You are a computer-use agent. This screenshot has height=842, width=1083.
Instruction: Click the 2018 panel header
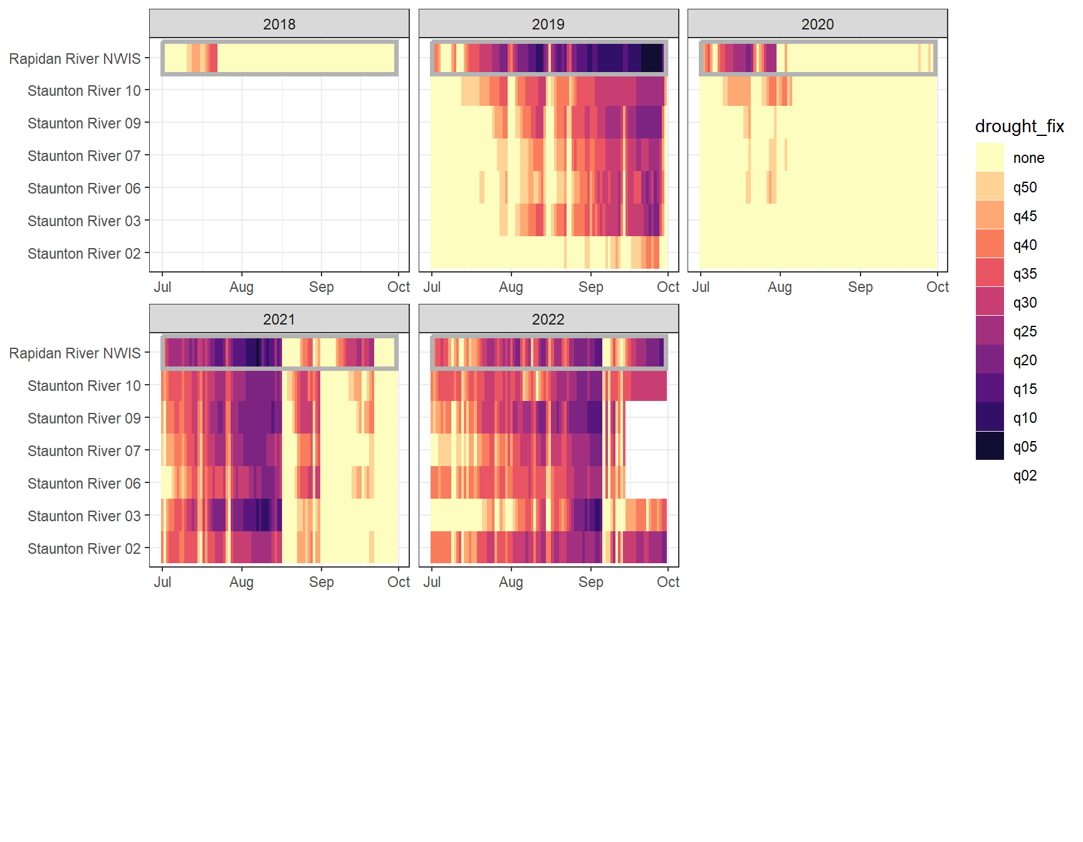(x=279, y=24)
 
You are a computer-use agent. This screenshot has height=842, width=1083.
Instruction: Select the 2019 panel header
(x=548, y=24)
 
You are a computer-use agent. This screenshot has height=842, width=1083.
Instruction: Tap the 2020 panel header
(x=817, y=24)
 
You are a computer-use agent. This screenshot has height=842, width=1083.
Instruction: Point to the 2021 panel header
(x=279, y=319)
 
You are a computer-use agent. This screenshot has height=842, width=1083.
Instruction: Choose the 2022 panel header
(x=548, y=319)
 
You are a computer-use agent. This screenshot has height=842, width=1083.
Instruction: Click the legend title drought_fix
(x=1019, y=127)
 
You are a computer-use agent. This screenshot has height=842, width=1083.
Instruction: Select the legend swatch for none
(x=990, y=157)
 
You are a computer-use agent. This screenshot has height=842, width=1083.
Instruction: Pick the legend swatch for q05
(x=990, y=446)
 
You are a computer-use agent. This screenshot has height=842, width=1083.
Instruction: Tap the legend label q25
(x=1025, y=331)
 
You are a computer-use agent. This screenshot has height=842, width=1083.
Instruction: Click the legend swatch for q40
(x=990, y=244)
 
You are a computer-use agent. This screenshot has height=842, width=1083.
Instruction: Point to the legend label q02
(x=1025, y=476)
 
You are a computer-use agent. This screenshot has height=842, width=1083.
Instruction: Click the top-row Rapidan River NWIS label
(x=75, y=59)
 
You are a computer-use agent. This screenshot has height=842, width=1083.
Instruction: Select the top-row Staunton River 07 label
(x=84, y=156)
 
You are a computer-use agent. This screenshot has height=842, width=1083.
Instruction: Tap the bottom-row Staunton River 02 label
(x=84, y=549)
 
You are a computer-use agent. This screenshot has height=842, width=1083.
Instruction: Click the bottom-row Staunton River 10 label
(x=84, y=386)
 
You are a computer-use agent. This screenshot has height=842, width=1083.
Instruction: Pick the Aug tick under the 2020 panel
(x=780, y=287)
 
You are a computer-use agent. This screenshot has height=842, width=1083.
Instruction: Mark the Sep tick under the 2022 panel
(x=590, y=582)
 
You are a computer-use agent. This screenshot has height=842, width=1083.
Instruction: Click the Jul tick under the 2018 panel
(x=162, y=287)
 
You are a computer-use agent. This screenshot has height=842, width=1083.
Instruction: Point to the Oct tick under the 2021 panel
(x=399, y=582)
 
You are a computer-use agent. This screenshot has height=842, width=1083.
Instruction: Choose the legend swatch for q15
(x=990, y=388)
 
